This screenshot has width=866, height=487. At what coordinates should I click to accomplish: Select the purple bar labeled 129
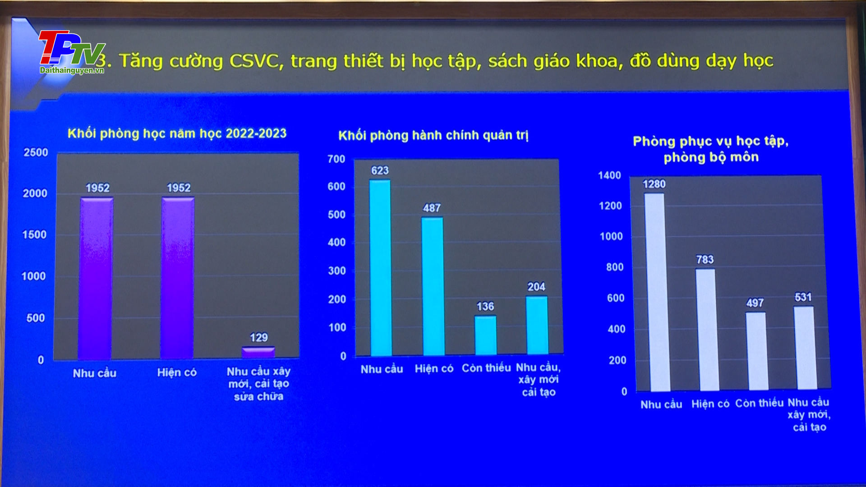(258, 352)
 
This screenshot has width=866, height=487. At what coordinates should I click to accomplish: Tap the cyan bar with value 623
(381, 268)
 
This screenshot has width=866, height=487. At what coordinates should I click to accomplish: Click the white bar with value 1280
(654, 292)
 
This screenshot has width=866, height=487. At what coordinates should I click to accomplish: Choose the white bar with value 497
(756, 351)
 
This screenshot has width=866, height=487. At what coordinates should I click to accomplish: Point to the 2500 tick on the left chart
(36, 152)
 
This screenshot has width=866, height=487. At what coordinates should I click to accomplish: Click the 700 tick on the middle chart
(336, 159)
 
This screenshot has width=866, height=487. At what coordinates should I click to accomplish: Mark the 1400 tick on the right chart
(609, 175)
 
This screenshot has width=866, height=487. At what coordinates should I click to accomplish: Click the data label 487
(432, 208)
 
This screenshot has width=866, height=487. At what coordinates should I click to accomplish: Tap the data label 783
(705, 259)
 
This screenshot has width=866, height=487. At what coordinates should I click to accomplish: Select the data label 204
(536, 287)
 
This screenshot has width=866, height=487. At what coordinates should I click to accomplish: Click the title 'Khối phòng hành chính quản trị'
(433, 135)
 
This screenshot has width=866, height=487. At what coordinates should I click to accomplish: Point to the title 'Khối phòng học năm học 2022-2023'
(177, 133)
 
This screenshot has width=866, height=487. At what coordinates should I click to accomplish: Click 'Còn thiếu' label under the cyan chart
(486, 368)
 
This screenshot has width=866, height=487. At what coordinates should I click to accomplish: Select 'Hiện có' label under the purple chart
(177, 372)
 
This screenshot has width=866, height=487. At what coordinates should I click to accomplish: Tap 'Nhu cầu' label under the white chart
(661, 404)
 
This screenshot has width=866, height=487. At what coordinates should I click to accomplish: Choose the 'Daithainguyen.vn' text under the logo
(72, 70)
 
